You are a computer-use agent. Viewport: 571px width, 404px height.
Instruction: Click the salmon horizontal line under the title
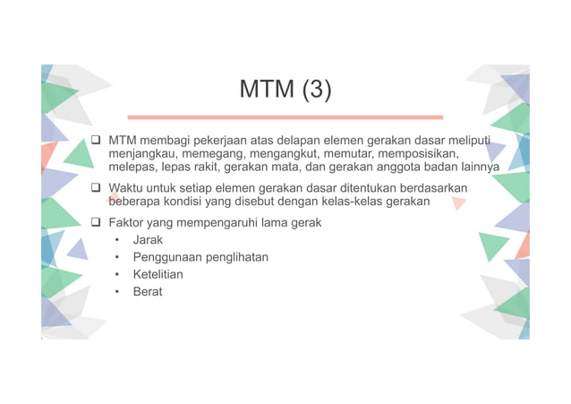(285, 117)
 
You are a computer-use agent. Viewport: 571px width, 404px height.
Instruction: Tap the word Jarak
(148, 241)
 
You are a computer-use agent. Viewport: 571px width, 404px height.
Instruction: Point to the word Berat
(148, 292)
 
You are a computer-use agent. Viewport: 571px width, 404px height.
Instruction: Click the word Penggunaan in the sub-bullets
(167, 258)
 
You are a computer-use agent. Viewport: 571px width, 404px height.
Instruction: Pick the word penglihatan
(236, 258)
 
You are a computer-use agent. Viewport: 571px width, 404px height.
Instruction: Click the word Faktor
(127, 221)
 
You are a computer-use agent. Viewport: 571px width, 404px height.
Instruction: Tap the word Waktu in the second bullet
(126, 188)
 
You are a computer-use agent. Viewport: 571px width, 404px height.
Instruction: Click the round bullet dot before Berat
(116, 292)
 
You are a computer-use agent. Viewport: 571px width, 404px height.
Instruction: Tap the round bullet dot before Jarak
(116, 241)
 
